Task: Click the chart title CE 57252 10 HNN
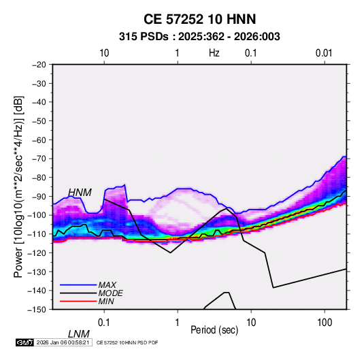click(199, 19)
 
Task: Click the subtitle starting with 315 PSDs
click(199, 37)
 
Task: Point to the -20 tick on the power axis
click(39, 65)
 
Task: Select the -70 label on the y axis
click(39, 159)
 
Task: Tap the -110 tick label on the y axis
click(37, 234)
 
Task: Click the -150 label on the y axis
click(37, 310)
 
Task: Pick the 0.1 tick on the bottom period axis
click(104, 323)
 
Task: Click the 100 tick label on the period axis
click(325, 323)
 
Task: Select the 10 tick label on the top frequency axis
click(104, 53)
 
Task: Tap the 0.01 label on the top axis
click(324, 53)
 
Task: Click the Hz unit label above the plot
click(214, 53)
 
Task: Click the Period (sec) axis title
click(214, 330)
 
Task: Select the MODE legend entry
click(91, 293)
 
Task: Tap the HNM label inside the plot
click(80, 193)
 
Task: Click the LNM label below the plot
click(79, 334)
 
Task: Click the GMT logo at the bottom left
click(25, 342)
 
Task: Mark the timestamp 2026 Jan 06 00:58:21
click(63, 342)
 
